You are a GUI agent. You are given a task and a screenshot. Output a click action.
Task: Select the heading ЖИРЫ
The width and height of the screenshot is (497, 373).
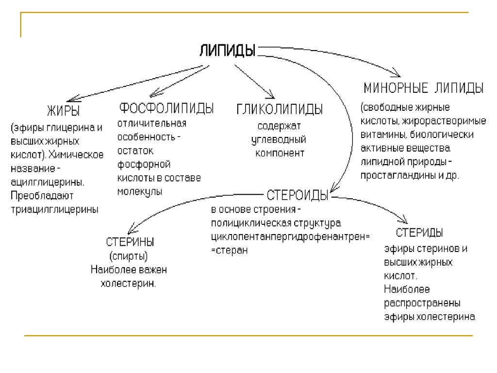63,110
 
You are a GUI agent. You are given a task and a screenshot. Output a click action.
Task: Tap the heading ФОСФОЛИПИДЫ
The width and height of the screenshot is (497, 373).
166,108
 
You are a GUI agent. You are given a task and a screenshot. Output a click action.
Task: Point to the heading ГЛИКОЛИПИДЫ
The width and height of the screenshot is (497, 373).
280,109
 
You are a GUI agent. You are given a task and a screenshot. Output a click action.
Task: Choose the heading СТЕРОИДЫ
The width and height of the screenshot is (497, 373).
298,195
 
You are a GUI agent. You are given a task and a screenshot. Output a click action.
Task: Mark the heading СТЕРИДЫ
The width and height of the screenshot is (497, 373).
419,233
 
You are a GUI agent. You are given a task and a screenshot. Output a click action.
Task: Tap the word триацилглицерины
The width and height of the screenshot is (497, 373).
54,209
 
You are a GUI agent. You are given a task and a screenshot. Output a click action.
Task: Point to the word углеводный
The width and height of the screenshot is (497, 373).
278,139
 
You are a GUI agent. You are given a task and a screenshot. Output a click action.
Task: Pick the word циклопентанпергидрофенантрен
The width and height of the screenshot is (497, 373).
289,237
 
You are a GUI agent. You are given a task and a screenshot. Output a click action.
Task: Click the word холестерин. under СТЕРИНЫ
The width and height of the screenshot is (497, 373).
128,284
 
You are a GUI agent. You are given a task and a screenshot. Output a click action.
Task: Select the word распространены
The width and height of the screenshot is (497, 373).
422,304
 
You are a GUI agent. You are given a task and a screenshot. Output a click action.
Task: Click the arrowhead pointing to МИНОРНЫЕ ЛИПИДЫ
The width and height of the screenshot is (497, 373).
396,74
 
